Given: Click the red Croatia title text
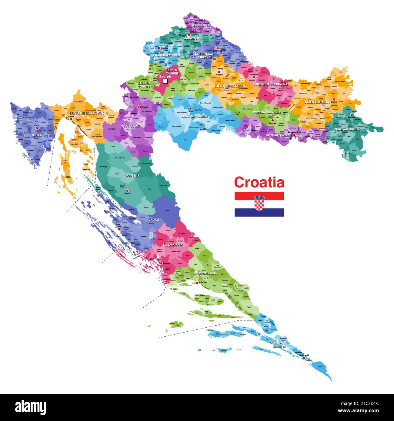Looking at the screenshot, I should [259, 183].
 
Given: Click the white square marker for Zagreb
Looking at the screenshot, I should [165, 81].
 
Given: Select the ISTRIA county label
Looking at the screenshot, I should [37, 135].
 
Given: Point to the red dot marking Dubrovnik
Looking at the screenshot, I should [304, 358].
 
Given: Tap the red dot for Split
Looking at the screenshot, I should [197, 283].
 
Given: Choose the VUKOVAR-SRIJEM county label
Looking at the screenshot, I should [347, 129].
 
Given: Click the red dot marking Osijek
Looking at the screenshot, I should [334, 99].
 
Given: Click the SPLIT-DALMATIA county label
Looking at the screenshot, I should [205, 273].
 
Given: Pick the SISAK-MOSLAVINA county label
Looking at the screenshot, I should [195, 116].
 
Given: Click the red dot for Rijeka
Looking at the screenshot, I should [71, 119].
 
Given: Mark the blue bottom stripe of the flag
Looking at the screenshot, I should [259, 213].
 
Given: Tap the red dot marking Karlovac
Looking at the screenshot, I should [139, 107].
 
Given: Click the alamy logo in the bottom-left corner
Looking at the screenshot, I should [30, 407].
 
